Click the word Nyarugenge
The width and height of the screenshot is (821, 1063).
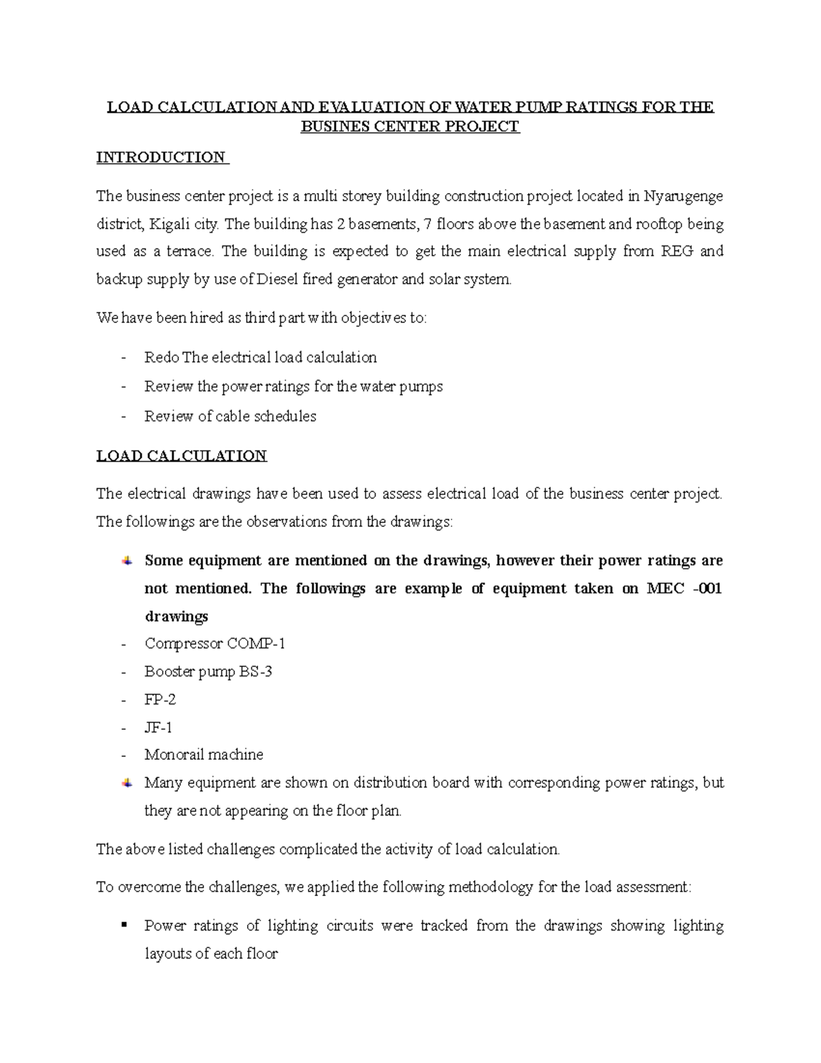683,196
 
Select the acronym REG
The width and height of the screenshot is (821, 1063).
677,251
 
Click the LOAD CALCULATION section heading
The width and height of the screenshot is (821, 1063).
181,456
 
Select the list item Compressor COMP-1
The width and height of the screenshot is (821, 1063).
215,643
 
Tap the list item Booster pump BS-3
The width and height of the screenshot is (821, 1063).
208,671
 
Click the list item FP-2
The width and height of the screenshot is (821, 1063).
160,700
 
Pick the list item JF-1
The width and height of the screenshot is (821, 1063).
158,727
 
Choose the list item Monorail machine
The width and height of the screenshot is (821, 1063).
203,755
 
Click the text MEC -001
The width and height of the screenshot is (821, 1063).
683,589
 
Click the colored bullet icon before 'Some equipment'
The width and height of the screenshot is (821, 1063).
127,561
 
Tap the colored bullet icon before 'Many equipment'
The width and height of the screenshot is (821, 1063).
127,782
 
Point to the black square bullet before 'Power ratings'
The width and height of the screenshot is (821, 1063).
124,925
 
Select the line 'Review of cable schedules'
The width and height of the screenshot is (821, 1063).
230,416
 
